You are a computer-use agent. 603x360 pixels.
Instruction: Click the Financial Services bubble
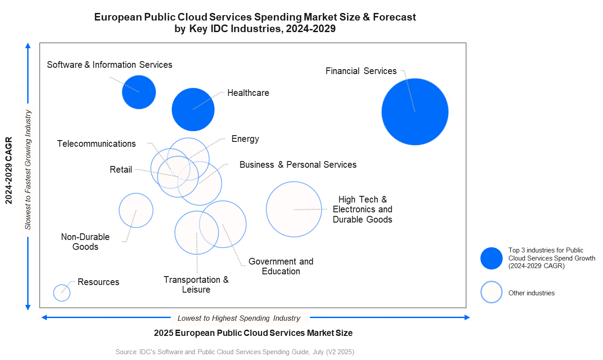pyautogui.click(x=415, y=112)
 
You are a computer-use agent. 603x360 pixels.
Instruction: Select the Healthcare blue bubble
pyautogui.click(x=193, y=109)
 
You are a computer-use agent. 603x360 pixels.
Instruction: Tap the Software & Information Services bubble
pyautogui.click(x=139, y=92)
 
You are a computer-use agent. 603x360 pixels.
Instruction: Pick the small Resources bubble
pyautogui.click(x=62, y=293)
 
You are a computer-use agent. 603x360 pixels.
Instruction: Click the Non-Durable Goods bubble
pyautogui.click(x=136, y=210)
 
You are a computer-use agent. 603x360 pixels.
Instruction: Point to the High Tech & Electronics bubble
pyautogui.click(x=293, y=209)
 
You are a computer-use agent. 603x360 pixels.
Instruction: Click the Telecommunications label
pyautogui.click(x=96, y=144)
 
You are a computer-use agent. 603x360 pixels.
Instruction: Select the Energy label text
pyautogui.click(x=245, y=139)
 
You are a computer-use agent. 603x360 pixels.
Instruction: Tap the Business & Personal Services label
pyautogui.click(x=298, y=165)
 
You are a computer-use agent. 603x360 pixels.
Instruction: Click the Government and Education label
pyautogui.click(x=281, y=266)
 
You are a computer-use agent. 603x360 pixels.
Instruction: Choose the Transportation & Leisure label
pyautogui.click(x=196, y=285)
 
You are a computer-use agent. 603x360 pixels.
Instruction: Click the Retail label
pyautogui.click(x=121, y=170)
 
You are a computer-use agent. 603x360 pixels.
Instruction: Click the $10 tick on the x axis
pyautogui.click(x=110, y=318)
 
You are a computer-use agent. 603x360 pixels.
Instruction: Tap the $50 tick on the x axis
pyautogui.click(x=395, y=318)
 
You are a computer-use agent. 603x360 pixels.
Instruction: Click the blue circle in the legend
pyautogui.click(x=491, y=258)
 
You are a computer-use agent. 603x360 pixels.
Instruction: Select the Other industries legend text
pyautogui.click(x=531, y=293)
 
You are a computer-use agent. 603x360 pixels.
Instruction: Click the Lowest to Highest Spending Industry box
pyautogui.click(x=240, y=318)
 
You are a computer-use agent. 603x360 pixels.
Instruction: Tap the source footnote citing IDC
pyautogui.click(x=235, y=352)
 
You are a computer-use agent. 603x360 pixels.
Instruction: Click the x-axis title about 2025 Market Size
pyautogui.click(x=253, y=333)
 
